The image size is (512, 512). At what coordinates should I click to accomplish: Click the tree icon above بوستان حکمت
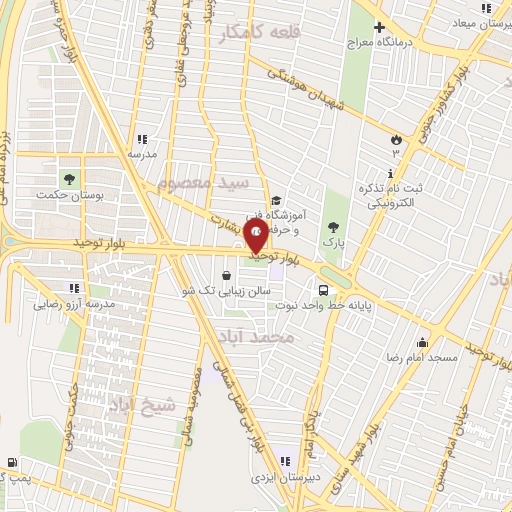pyautogui.click(x=69, y=179)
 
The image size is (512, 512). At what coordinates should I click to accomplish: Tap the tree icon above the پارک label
pyautogui.click(x=332, y=227)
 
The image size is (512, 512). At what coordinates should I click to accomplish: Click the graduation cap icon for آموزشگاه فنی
pyautogui.click(x=276, y=200)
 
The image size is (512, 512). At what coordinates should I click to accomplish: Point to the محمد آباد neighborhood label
pyautogui.click(x=284, y=339)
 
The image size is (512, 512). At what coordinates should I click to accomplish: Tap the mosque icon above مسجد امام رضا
pyautogui.click(x=423, y=342)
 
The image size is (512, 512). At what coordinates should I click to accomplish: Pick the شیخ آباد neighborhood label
pyautogui.click(x=146, y=404)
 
